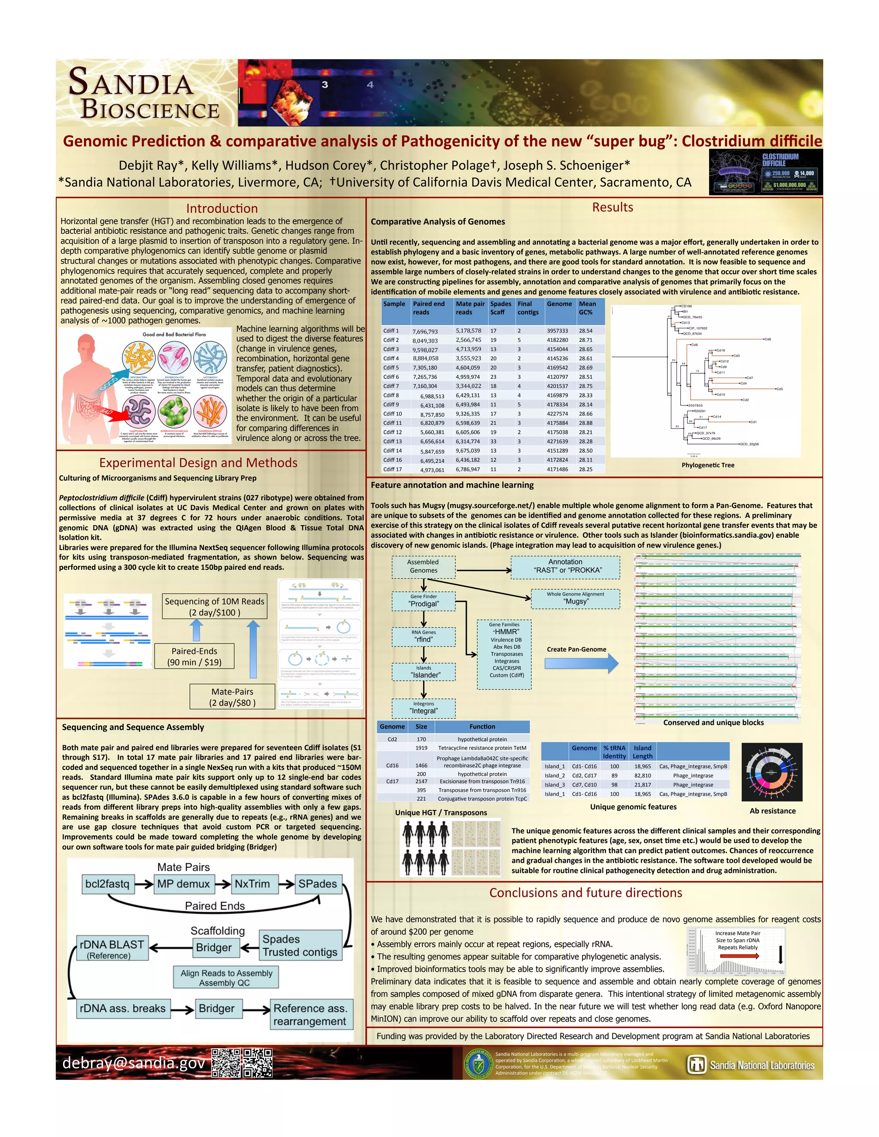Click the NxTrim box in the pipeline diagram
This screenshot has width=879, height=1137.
coord(252,884)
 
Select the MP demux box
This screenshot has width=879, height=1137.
coord(183,884)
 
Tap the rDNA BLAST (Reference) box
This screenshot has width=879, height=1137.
coord(112,949)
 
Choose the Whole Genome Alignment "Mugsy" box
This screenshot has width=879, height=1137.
coord(576,598)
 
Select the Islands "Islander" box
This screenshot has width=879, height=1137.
coord(424,671)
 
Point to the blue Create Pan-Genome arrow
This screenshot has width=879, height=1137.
coord(581,663)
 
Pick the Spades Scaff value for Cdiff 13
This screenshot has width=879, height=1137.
coord(493,441)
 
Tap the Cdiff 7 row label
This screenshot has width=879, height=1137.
coord(391,386)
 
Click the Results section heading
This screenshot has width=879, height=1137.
coord(612,207)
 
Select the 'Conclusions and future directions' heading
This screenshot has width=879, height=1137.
coord(585,893)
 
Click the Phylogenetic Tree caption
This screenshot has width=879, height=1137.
coord(708,466)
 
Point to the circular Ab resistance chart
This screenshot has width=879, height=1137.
coord(772,772)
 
